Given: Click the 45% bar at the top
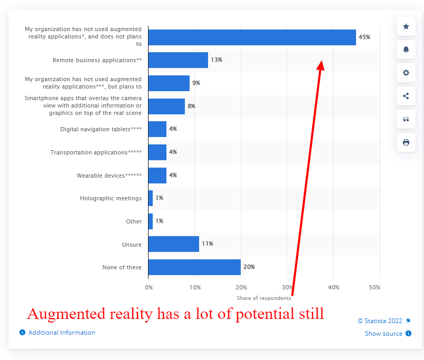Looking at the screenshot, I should pyautogui.click(x=252, y=37).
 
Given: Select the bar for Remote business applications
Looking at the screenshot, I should pyautogui.click(x=178, y=60).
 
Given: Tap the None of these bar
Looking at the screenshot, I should pyautogui.click(x=194, y=267).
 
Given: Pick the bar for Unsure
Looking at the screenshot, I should pyautogui.click(x=174, y=244).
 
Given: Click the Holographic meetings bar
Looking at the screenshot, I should pyautogui.click(x=151, y=198).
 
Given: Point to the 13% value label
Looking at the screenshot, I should pyautogui.click(x=216, y=60).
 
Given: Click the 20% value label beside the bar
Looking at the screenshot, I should pyautogui.click(x=249, y=267).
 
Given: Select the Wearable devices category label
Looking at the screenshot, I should pyautogui.click(x=109, y=176).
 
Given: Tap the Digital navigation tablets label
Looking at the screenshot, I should pyautogui.click(x=101, y=129).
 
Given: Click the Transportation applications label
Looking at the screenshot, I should pyautogui.click(x=96, y=152).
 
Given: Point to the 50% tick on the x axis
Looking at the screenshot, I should pyautogui.click(x=374, y=287).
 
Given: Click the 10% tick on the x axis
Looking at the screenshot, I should pyautogui.click(x=194, y=287).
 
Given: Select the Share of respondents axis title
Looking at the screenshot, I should pyautogui.click(x=264, y=298).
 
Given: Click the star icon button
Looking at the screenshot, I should pyautogui.click(x=406, y=26).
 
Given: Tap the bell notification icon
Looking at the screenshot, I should pyautogui.click(x=406, y=50).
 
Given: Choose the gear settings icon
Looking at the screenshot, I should pyautogui.click(x=406, y=73).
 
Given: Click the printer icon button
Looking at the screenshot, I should pyautogui.click(x=406, y=142).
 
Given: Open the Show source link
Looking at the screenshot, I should pyautogui.click(x=383, y=334).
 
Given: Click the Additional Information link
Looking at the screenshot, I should pyautogui.click(x=62, y=333).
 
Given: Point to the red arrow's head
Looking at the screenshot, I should pyautogui.click(x=321, y=64).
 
